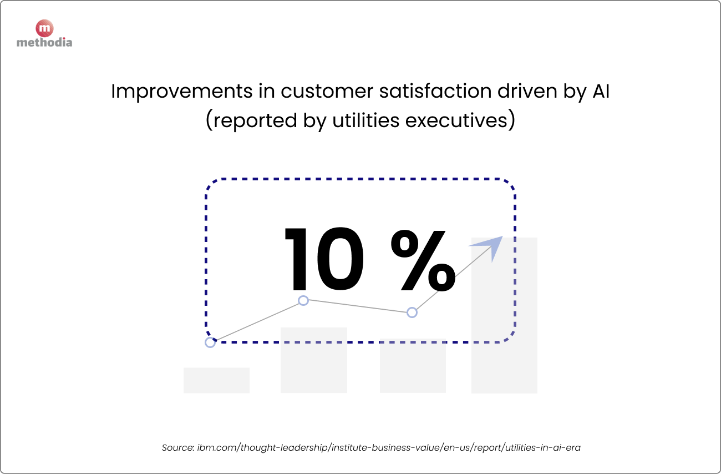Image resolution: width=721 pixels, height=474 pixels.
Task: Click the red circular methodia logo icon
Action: [x=44, y=28]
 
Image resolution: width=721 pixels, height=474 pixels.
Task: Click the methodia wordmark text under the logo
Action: [x=44, y=42]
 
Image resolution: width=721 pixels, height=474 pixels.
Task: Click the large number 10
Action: [x=324, y=259]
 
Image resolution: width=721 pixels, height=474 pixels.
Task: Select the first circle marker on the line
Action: [x=210, y=342]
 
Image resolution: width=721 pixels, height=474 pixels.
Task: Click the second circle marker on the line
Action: [x=303, y=301]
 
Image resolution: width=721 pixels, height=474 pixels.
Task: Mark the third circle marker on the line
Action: [x=412, y=312]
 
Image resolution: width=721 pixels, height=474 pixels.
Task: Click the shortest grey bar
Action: [x=216, y=380]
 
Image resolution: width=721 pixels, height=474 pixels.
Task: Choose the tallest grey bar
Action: [x=504, y=333]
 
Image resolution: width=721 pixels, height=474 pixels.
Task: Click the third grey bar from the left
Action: [x=413, y=369]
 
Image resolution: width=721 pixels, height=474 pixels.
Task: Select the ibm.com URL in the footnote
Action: [x=389, y=447]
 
